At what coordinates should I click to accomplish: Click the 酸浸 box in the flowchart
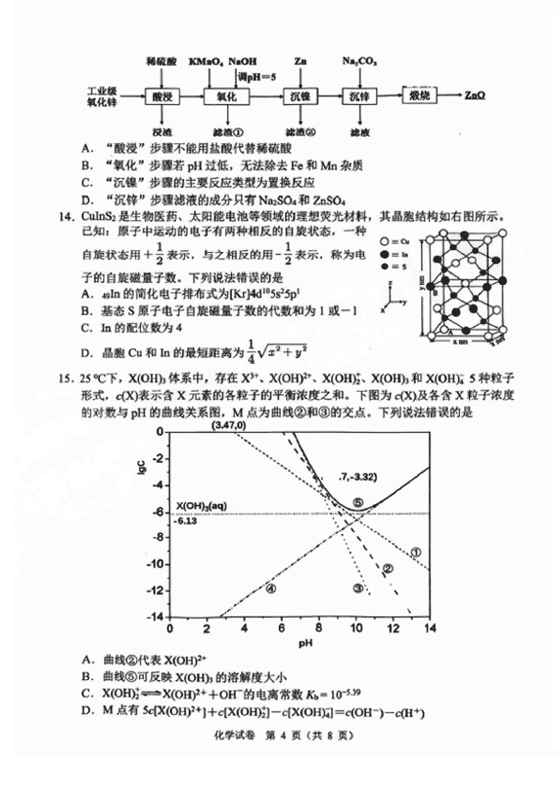(162, 97)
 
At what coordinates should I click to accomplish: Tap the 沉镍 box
(300, 97)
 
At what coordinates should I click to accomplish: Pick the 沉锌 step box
(360, 97)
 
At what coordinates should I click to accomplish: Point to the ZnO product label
(476, 96)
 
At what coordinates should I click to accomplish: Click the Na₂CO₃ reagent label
(360, 62)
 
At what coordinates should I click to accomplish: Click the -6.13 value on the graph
(187, 521)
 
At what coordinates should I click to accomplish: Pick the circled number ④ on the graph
(270, 588)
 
